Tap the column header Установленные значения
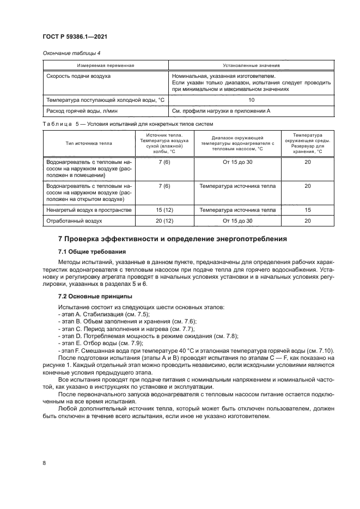click(251, 65)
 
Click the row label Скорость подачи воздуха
click(79, 76)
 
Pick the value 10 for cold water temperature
click(251, 100)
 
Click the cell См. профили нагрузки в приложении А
click(221, 111)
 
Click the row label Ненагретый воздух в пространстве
click(88, 210)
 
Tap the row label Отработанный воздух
click(75, 221)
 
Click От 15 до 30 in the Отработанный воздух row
click(237, 221)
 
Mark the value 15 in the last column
click(308, 210)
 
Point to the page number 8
click(43, 463)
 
